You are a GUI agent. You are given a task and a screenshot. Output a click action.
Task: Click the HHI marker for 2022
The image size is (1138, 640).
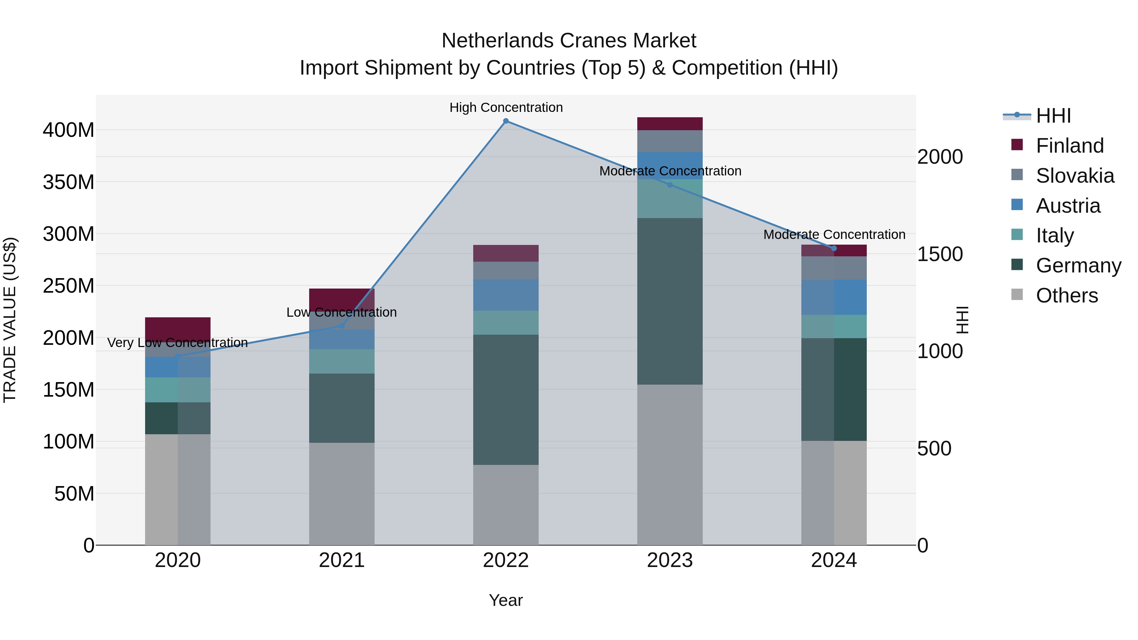click(x=506, y=121)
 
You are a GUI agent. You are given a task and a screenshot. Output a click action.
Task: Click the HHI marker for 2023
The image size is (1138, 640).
click(x=670, y=185)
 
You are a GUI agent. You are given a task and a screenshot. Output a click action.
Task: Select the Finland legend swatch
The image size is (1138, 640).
click(x=1017, y=145)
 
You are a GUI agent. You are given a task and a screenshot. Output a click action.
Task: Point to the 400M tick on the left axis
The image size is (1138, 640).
click(x=69, y=130)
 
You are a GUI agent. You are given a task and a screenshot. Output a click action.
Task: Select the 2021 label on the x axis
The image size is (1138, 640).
click(x=341, y=560)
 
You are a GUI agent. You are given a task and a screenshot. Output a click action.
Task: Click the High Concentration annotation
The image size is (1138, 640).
click(x=506, y=107)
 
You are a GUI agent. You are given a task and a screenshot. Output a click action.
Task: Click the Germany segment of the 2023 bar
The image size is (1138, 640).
click(x=670, y=301)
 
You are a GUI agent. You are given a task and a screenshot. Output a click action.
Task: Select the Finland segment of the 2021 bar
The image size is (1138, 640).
click(x=341, y=300)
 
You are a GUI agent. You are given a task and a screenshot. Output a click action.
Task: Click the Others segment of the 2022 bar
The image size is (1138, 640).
click(x=506, y=504)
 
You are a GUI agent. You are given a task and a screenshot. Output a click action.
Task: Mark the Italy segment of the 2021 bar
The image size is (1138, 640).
click(x=341, y=361)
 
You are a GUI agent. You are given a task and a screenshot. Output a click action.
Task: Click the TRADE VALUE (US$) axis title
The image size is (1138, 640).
click(x=10, y=319)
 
